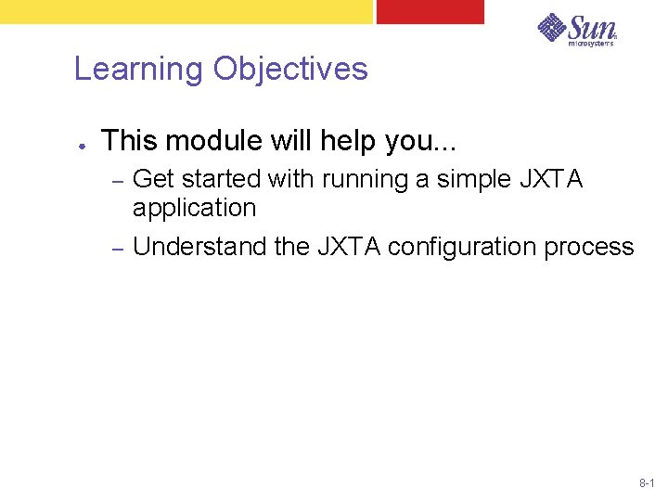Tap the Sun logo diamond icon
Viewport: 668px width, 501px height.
tap(554, 27)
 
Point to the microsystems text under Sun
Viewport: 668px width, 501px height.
tap(591, 43)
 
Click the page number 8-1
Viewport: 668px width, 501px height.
tap(647, 484)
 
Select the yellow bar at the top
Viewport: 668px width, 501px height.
tap(186, 11)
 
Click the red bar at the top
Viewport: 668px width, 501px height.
tap(430, 11)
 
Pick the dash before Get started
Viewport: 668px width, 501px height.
tap(117, 179)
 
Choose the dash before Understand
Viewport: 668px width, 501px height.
tap(117, 248)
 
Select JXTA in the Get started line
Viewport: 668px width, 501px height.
tap(554, 179)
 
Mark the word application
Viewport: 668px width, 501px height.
tap(194, 209)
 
